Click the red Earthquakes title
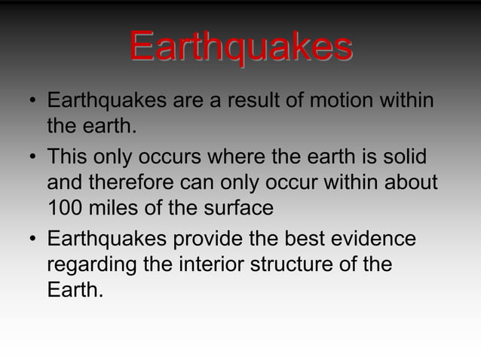tap(240, 48)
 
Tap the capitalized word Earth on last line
tap(72, 289)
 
